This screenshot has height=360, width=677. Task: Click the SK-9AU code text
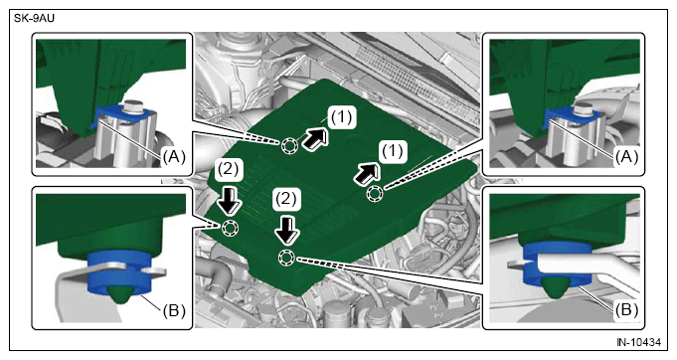pos(34,18)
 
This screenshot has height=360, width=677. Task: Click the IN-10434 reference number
pos(638,342)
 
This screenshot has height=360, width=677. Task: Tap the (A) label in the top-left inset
pos(174,157)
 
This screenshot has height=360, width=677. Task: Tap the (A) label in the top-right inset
pos(626,157)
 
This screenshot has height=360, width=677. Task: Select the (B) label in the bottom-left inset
pos(174,310)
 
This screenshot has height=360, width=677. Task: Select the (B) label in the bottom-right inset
pos(626,309)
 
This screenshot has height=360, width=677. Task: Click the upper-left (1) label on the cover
pos(342,116)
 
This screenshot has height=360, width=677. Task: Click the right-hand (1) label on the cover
pos(393,151)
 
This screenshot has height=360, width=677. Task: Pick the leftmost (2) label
pos(228,169)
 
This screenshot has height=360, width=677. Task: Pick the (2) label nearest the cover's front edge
pos(286,199)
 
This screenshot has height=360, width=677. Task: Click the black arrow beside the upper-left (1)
pos(315,139)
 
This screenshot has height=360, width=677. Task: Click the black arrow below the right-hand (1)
pos(368,174)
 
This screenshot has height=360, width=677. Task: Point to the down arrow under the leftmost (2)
pos(229,200)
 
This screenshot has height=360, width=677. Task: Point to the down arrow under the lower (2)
pos(286,231)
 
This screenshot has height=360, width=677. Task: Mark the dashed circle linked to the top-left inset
pos(289,146)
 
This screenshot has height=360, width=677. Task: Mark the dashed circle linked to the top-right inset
pos(375,194)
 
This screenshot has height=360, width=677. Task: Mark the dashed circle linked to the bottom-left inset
pos(230,228)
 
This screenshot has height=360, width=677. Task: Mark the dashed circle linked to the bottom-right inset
pos(286,259)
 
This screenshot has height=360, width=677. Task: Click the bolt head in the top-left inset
pos(134,106)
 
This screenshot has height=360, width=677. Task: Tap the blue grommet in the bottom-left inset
pos(119,271)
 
